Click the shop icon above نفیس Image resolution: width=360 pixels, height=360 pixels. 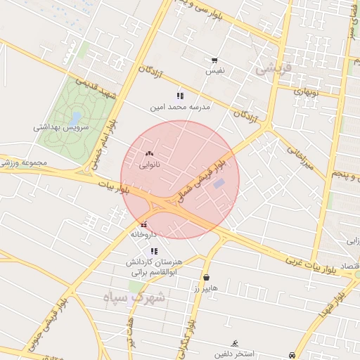[214, 60]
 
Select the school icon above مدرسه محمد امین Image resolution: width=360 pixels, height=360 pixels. [180, 96]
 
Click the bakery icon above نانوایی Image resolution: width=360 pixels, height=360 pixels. [148, 153]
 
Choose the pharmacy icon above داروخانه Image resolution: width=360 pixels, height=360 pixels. [144, 223]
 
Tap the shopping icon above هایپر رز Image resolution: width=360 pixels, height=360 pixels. [206, 277]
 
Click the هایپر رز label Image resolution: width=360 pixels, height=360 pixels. [207, 288]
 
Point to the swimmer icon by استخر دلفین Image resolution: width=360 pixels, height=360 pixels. [234, 342]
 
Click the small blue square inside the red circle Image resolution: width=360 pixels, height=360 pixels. [219, 184]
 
